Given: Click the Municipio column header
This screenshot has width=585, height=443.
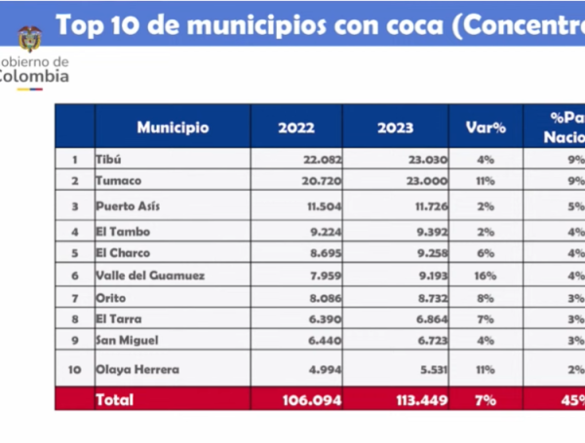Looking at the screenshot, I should (x=173, y=128).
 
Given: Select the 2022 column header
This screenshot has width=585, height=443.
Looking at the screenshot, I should (x=296, y=128).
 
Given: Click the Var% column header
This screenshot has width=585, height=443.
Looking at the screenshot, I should (x=485, y=128).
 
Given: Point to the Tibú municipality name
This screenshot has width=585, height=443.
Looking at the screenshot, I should (x=111, y=160).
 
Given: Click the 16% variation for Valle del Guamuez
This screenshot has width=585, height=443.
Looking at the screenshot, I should (x=485, y=276).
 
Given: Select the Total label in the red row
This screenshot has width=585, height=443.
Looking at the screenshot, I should (x=114, y=399).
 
